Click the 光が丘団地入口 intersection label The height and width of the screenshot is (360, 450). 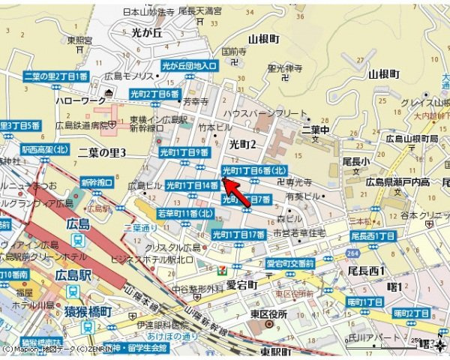coord(190,66)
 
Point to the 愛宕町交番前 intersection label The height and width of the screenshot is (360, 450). coord(290,263)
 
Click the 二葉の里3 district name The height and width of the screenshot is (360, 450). coord(102,153)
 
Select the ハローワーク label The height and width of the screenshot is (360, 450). coord(76,100)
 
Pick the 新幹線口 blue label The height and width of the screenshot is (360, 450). coord(97,182)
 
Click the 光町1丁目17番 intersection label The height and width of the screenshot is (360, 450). coord(238,235)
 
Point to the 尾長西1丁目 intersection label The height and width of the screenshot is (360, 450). coord(373,236)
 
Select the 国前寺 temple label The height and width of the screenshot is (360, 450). coord(233,52)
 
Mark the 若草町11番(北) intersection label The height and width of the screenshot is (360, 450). coord(185,214)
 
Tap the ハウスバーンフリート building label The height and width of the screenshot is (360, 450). coord(260,112)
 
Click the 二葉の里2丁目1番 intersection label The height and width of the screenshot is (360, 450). coord(55,76)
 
